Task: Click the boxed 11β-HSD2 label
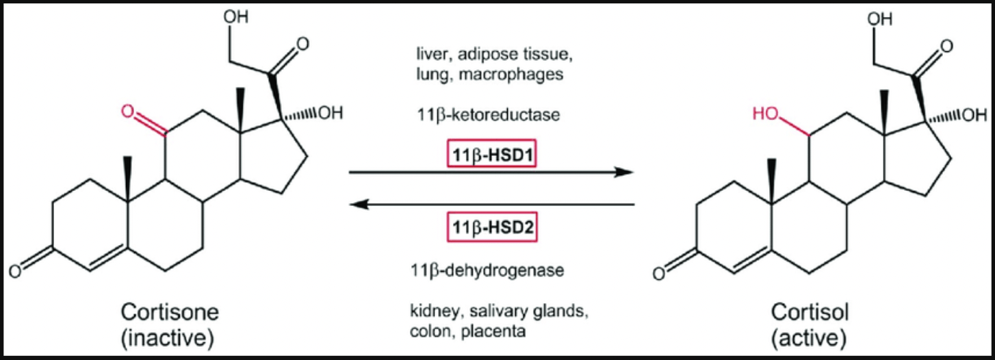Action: [492, 226]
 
